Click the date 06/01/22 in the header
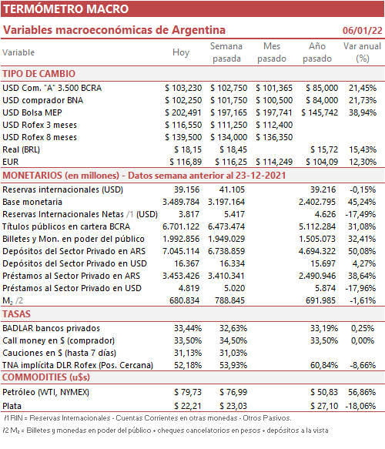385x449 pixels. pos(363,30)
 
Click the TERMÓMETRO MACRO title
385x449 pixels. pos(66,9)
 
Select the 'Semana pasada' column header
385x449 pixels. pos(226,52)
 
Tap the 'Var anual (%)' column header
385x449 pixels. pos(363,52)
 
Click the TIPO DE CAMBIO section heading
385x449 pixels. pos(39,74)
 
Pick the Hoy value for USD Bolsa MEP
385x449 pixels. pos(183,112)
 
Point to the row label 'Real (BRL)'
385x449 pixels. pos(22,149)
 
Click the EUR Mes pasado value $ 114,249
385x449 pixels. pos(274,162)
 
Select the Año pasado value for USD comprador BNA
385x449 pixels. pos(322,100)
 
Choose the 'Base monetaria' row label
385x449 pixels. pos(32,202)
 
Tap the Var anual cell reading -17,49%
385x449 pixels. pos(360,214)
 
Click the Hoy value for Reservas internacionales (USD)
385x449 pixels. pos(186,189)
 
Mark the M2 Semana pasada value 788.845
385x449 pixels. pos(230,300)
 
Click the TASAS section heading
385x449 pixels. pos(16,314)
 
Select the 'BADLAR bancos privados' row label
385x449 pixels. pos(52,328)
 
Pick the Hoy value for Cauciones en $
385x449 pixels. pos(188,353)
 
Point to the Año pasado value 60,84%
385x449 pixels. pos(324,365)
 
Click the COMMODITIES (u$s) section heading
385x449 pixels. pos(46,377)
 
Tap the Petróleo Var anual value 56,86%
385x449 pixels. pos(362,392)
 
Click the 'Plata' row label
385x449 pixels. pos(12,406)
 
